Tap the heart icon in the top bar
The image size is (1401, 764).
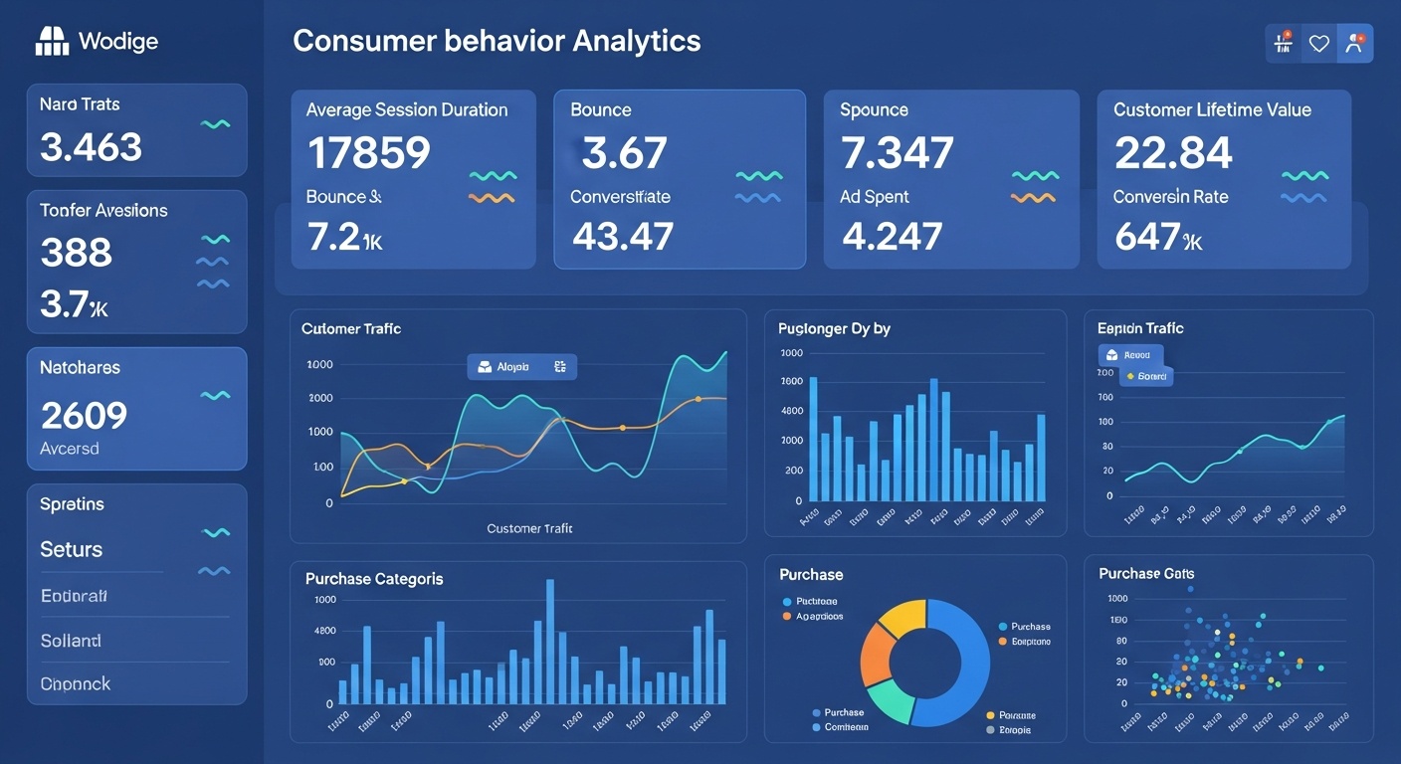click(1319, 44)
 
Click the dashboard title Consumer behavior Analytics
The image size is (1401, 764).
click(497, 41)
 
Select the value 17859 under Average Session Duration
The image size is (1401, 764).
click(369, 153)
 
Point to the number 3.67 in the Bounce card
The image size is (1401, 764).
click(624, 153)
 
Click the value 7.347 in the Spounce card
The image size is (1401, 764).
click(897, 153)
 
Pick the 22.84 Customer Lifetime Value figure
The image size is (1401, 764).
click(1173, 153)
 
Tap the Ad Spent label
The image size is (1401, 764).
click(875, 197)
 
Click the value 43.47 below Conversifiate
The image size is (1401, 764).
click(624, 236)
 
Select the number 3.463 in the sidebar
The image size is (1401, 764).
click(92, 147)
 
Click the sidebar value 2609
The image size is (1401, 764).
click(85, 414)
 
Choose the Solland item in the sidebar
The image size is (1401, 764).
click(71, 641)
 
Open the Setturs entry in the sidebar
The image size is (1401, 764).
click(72, 549)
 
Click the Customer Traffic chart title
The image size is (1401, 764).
click(350, 328)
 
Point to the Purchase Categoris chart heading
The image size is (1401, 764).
click(374, 579)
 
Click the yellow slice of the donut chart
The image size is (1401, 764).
click(901, 616)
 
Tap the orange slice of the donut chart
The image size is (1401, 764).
click(877, 654)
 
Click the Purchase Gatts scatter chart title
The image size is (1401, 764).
click(1146, 574)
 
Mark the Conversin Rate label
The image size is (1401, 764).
click(1170, 197)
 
